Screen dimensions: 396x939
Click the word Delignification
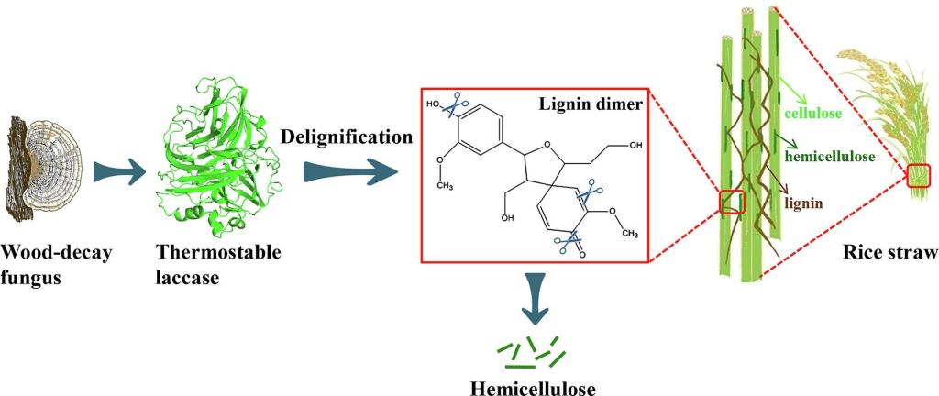click(x=346, y=137)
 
